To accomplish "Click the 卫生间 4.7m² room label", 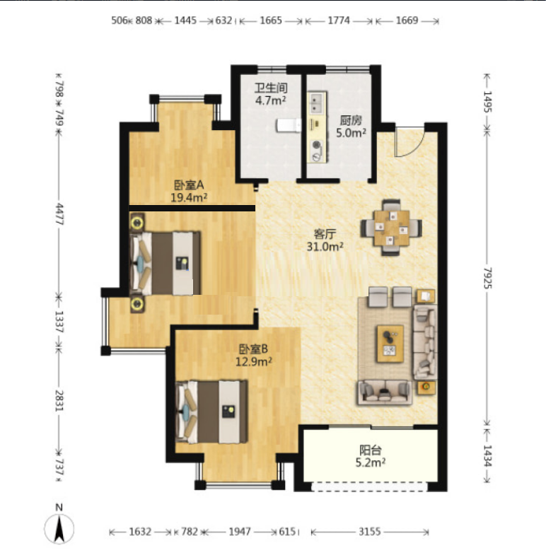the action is pos(271,94).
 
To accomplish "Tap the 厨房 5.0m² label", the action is pos(351,127).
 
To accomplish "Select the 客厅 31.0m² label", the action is pos(325,240).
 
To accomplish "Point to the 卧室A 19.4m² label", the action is pos(189,191).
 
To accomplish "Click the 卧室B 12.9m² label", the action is pos(253,356).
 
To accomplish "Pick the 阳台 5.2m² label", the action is pos(371,456).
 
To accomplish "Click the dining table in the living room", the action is pos(391,228).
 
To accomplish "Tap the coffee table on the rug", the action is pos(390,344).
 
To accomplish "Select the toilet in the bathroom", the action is pos(289,126).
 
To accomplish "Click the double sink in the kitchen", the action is pos(317,103).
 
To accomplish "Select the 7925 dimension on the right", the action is pos(488,278).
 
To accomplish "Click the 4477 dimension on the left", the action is pos(59,214).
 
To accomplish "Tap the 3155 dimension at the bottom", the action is pos(369,532).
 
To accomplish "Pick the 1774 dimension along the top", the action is pos(339,21).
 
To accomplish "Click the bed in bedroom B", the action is pos(211,412).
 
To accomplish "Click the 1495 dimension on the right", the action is pos(488,102).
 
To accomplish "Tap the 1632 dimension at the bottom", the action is pos(140,532).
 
